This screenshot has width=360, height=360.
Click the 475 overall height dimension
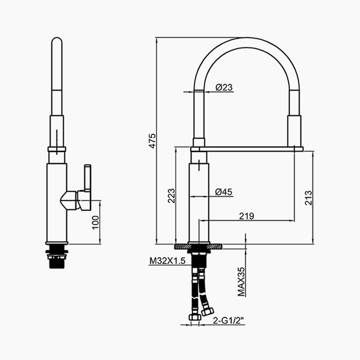point(152,141)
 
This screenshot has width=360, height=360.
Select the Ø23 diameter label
point(224,87)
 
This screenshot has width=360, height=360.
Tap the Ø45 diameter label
point(224,192)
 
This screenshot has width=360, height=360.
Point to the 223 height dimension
point(171,196)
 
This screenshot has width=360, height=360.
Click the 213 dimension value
point(309,198)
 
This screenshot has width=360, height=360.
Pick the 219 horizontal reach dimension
point(247,216)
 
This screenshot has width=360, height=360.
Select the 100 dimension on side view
point(95,222)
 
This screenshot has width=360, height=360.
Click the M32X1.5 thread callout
point(167,261)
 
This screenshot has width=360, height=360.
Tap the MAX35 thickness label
point(241,281)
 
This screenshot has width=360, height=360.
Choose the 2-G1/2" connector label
point(228,321)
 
